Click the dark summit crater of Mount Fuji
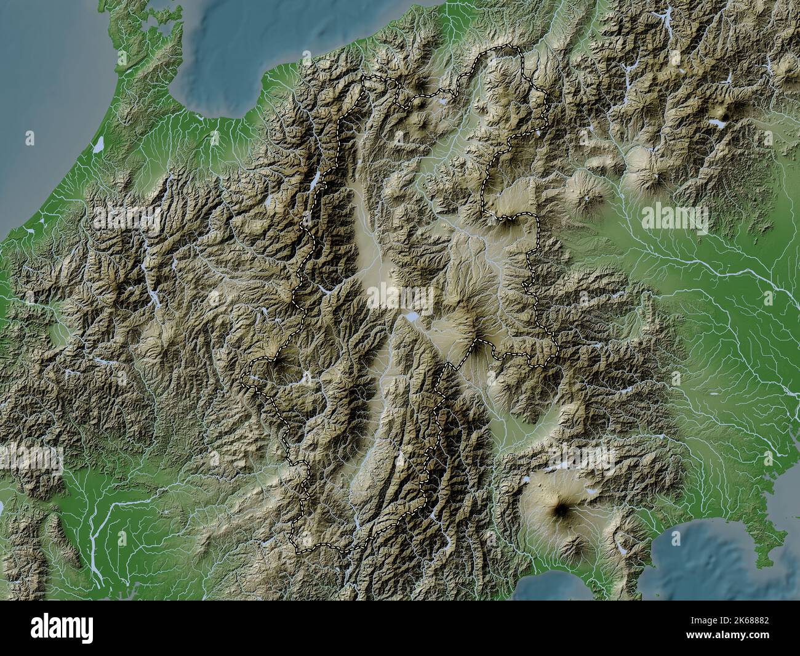562,509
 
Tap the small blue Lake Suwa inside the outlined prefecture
410,317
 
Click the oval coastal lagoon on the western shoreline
98,144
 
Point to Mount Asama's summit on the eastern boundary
508,219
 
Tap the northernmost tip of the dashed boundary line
508,47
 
